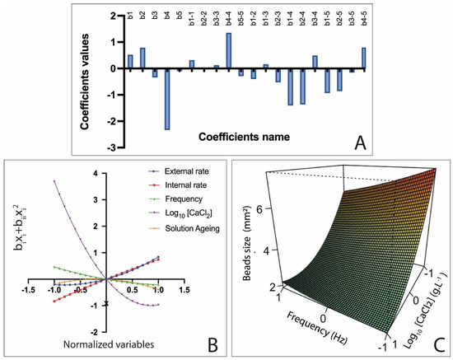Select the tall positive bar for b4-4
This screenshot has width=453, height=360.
(x=229, y=50)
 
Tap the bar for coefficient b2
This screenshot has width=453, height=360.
(x=142, y=58)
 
